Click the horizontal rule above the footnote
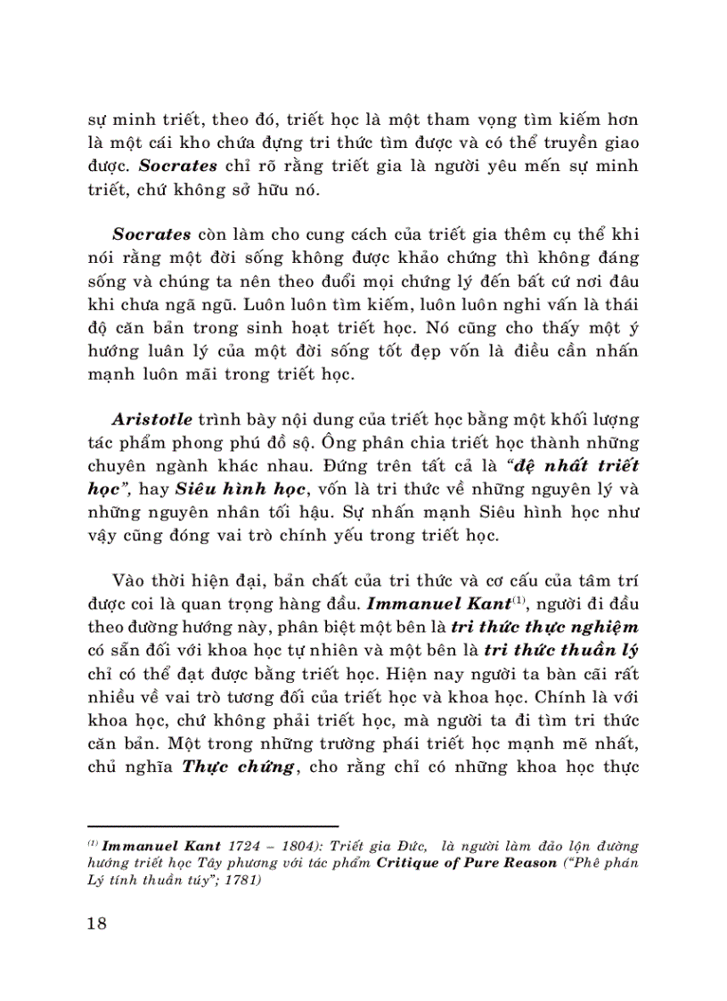[213, 826]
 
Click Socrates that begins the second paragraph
[152, 234]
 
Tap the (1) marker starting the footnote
[93, 842]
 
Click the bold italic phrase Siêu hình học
[223, 488]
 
